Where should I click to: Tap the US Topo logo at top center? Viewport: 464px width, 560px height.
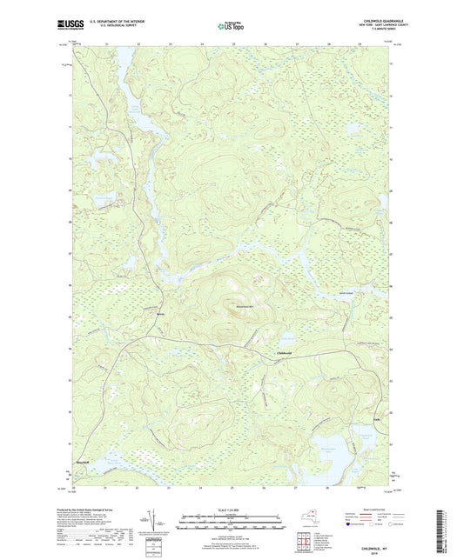[x=230, y=26]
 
